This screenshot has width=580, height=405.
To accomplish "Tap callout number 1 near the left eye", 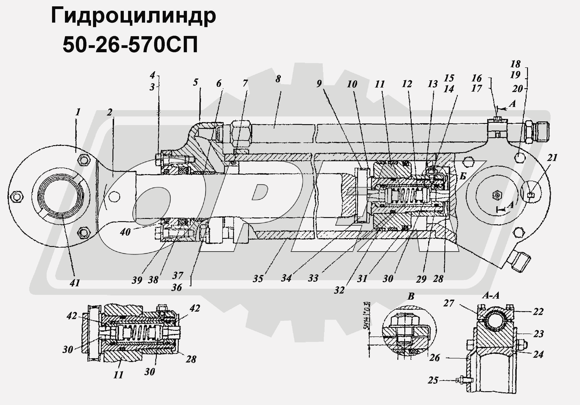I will pos(78,112).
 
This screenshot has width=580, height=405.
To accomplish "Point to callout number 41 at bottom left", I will pos(75,283).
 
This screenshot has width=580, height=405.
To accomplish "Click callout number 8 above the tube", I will pos(278,79).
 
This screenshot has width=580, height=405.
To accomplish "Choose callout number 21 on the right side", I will pos(552,158).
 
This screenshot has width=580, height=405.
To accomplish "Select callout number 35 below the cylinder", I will pos(258,279).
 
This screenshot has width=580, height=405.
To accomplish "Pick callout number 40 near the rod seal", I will pos(125,232).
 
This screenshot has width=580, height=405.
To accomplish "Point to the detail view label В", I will pos(411,296).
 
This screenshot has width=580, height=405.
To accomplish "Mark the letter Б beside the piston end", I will pos(463,176).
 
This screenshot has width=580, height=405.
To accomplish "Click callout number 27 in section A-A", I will pos(449,303).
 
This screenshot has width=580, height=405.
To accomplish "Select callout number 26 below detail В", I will pos(434,358).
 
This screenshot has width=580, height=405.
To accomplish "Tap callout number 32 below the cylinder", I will pos(339,290).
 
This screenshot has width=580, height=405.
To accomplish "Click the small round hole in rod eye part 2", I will pos(115,197).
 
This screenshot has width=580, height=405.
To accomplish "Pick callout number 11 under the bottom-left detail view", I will pos(118,375).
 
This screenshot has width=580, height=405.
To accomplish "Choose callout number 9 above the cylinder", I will pos(319,84).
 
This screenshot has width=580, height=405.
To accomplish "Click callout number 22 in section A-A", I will pos(538,312).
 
